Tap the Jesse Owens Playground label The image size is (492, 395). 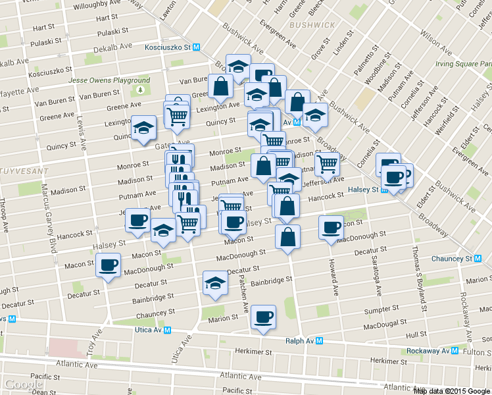pos(109,80)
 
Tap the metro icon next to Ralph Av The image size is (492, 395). pos(319,341)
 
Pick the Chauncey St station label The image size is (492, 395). pos(451,259)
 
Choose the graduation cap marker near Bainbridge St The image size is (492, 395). pos(215,283)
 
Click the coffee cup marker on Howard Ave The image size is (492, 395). pos(331,228)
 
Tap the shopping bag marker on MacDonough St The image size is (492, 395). pos(287,238)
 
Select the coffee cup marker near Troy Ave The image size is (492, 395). pos(109,265)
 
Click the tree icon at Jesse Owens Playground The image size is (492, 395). pos(141,90)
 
